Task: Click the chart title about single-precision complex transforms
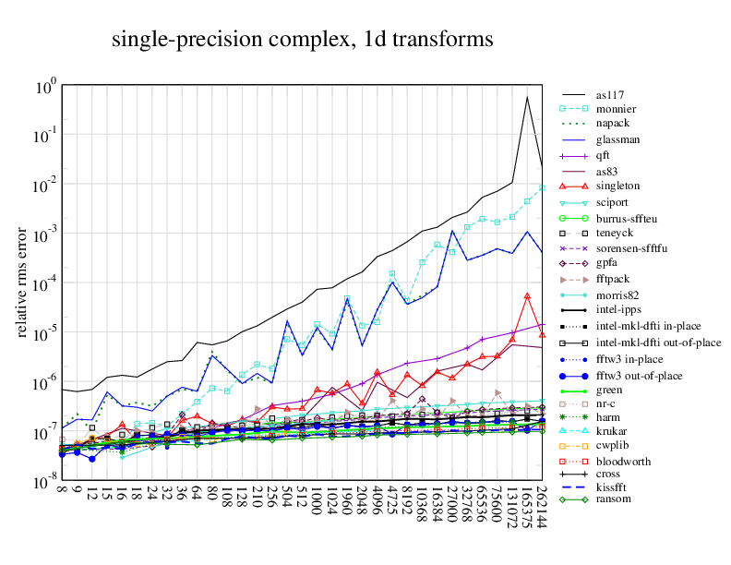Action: [303, 40]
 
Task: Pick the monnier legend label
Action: [616, 110]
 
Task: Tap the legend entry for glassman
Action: [617, 140]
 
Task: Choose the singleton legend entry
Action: [618, 186]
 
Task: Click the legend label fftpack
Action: [615, 279]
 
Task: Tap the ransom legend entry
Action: [614, 499]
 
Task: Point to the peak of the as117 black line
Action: [527, 96]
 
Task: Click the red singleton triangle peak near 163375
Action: [527, 295]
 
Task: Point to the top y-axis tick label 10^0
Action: [46, 87]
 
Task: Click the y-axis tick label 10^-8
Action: [44, 483]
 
